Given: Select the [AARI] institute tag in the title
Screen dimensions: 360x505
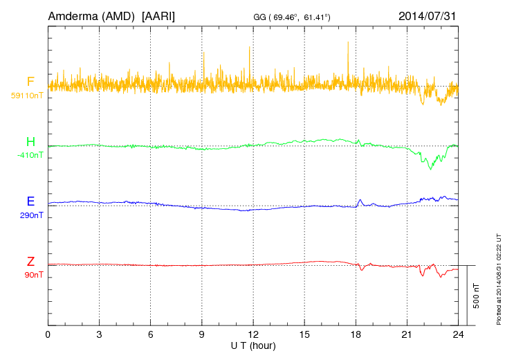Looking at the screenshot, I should [x=157, y=15].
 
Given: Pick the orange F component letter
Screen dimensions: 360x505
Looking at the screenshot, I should [x=30, y=82].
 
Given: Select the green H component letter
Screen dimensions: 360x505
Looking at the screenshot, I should [x=30, y=143].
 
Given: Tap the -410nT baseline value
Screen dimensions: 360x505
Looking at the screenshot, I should [x=30, y=155].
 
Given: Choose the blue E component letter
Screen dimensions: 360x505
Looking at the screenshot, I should [x=30, y=202].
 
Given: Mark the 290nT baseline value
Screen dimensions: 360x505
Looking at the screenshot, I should [x=31, y=215].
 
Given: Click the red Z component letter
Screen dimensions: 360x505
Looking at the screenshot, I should [x=30, y=262].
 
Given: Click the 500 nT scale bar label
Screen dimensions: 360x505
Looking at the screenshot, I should [x=477, y=296].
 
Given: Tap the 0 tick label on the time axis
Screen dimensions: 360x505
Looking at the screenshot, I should [x=48, y=334].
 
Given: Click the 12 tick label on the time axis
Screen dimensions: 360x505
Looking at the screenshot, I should [x=253, y=334].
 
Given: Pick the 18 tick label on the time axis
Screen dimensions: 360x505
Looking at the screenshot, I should [x=356, y=334].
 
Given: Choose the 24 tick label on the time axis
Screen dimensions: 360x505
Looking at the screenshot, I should [x=458, y=334].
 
